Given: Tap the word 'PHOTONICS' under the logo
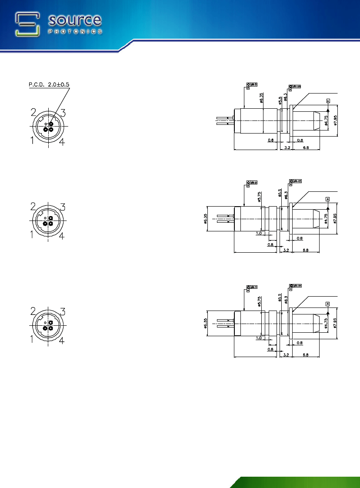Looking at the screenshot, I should click(75, 31).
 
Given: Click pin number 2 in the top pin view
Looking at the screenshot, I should click(33, 112).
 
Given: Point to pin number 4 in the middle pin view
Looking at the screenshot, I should click(62, 236).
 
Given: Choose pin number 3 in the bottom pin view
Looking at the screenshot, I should click(63, 311).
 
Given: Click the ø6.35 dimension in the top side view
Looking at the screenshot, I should click(262, 97).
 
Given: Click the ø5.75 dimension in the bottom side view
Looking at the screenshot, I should click(259, 303).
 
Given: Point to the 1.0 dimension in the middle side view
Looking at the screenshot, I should click(259, 233).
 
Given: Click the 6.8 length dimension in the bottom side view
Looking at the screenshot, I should click(306, 355).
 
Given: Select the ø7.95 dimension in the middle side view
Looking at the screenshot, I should click(335, 219).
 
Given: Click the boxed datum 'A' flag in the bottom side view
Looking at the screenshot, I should click(327, 303).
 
